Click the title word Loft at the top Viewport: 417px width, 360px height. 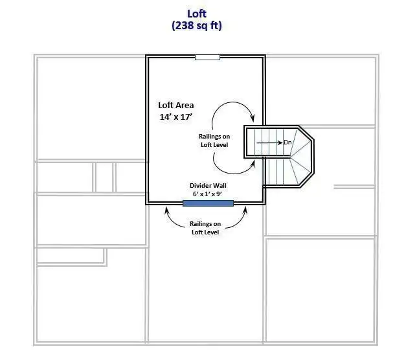point(197,14)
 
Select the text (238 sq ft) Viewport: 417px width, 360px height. point(197,26)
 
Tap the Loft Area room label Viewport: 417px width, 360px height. point(175,106)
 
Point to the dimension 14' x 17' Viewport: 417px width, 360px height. point(175,117)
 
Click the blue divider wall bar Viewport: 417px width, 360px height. point(208,203)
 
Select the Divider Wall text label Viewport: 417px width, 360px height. point(208,186)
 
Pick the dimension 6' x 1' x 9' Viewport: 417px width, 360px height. point(207,194)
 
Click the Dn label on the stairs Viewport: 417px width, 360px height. point(287,142)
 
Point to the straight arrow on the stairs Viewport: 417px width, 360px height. point(269,143)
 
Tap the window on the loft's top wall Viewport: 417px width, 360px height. point(207,57)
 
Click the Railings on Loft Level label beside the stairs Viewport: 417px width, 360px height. point(214,141)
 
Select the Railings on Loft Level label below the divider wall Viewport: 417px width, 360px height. point(205,228)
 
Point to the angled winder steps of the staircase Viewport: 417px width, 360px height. point(300,157)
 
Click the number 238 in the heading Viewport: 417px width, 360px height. point(185,26)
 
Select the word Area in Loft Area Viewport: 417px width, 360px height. point(185,106)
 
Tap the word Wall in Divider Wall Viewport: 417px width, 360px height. point(219,186)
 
